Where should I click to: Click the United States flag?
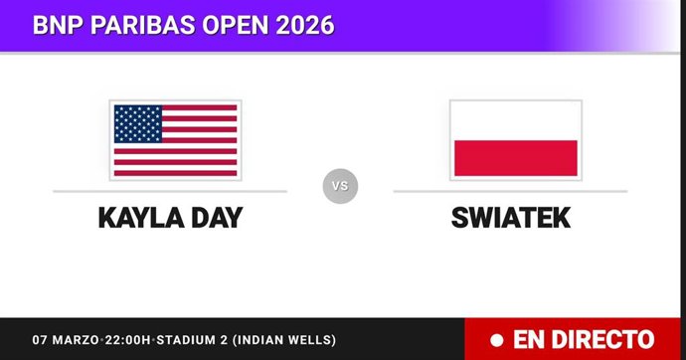coord(175,139)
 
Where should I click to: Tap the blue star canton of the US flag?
coord(137,122)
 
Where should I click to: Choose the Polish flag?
coord(515,139)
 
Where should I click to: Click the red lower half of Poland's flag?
coord(515,158)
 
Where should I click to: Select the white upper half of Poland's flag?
coord(515,120)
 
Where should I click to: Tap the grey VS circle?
coord(340,185)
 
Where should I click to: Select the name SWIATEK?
coord(510,217)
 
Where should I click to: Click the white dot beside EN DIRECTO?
coord(496,339)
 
